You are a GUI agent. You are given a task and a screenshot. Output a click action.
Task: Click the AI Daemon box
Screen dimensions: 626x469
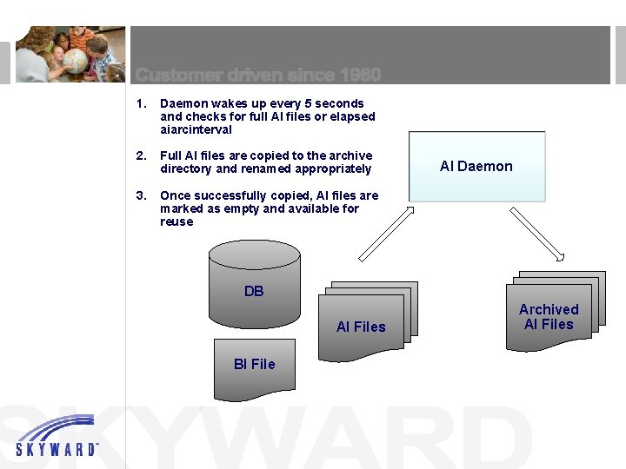coord(476,167)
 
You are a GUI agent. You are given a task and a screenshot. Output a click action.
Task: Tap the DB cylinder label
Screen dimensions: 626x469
coord(254,292)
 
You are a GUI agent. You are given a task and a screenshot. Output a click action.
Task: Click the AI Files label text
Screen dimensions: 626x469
coord(361,327)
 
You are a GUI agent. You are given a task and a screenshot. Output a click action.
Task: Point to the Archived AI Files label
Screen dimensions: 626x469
coord(549,317)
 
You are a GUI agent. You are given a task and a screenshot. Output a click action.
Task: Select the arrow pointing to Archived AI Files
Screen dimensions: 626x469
coord(536,232)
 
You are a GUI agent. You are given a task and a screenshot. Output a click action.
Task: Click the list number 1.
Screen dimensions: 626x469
coord(141,103)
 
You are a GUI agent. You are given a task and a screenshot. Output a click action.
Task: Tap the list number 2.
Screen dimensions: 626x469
coord(141,155)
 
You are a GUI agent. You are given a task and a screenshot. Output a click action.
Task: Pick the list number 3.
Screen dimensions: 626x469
coord(141,195)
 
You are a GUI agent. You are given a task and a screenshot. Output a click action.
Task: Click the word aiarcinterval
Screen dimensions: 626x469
coord(196,129)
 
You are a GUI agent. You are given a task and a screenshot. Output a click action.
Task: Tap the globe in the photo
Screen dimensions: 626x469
coord(75,61)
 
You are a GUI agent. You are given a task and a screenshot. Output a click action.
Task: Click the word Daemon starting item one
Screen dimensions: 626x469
coord(183,103)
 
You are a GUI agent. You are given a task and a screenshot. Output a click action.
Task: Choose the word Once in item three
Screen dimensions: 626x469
coord(175,195)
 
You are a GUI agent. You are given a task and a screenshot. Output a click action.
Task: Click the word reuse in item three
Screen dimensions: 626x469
coord(176,221)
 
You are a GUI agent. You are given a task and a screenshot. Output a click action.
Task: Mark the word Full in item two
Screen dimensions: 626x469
coord(171,155)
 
